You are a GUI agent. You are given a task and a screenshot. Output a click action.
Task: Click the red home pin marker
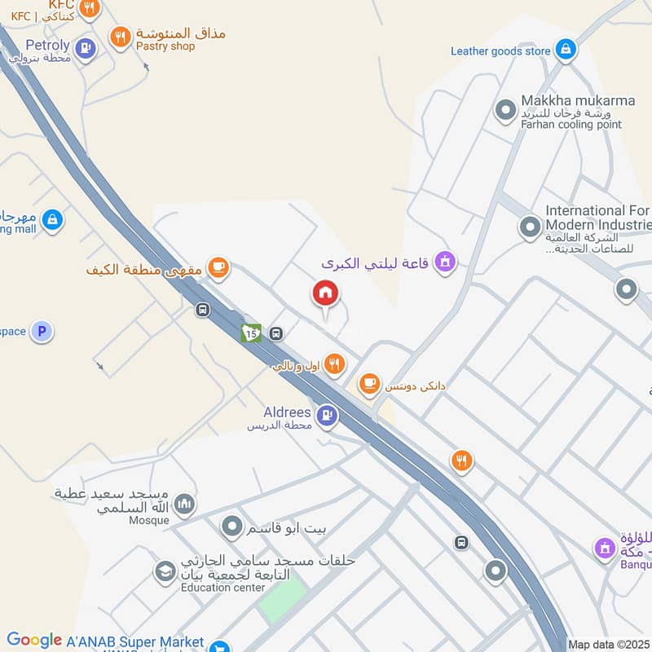tap(326, 293)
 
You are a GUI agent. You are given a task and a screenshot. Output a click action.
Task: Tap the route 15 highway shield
tap(251, 333)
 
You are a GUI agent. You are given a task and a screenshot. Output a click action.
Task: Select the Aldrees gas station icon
tap(328, 416)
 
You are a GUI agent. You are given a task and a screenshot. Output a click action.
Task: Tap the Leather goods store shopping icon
tap(565, 51)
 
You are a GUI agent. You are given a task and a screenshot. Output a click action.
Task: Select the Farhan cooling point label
tap(570, 125)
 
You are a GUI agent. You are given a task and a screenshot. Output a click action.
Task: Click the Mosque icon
tap(185, 505)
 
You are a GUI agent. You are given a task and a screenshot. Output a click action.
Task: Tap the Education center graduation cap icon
tap(165, 572)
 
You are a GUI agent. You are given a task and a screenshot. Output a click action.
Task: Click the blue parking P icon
tap(42, 332)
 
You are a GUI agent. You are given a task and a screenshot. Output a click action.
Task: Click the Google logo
tap(34, 641)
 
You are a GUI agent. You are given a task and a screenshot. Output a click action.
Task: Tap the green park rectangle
tap(282, 601)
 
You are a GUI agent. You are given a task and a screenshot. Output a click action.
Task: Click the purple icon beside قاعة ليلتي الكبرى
tap(445, 262)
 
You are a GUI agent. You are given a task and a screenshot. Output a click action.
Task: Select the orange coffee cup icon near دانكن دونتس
tap(370, 382)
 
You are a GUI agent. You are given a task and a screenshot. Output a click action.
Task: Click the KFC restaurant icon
tap(90, 8)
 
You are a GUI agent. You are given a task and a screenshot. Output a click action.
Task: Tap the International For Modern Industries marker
tap(531, 226)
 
